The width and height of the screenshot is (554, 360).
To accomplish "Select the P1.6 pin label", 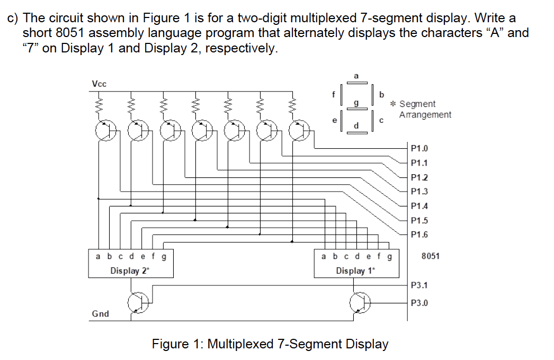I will [x=419, y=235].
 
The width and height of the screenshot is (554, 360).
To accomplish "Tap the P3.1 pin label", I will [x=419, y=285].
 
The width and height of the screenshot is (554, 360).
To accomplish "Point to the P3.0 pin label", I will [x=419, y=303].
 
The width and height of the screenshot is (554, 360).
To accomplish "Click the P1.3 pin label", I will [x=419, y=192].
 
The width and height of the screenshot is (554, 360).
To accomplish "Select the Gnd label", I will [x=100, y=314].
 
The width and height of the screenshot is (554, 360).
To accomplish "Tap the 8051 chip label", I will [x=431, y=256].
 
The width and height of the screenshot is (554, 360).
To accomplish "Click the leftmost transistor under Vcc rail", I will [x=104, y=130].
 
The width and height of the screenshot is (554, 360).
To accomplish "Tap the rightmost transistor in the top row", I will [x=299, y=130].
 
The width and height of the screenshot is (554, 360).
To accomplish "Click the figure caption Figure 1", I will [x=270, y=344].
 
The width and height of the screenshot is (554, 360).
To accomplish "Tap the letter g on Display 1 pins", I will [x=390, y=257].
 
